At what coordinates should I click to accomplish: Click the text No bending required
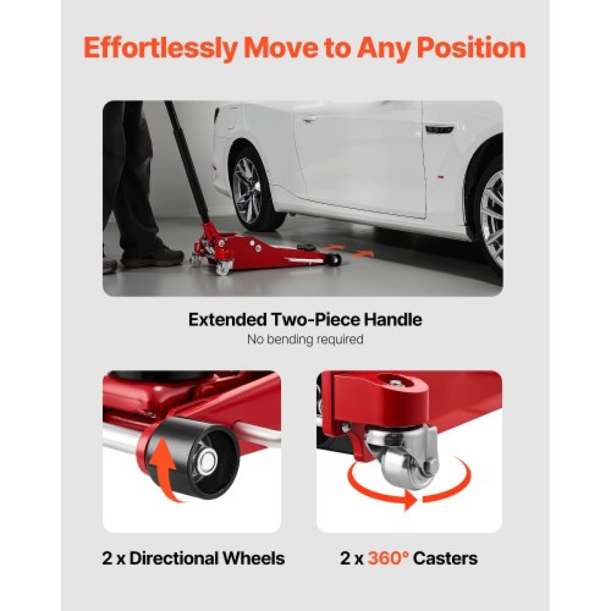pyautogui.click(x=305, y=340)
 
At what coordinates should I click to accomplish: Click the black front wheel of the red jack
pyautogui.click(x=335, y=259)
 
